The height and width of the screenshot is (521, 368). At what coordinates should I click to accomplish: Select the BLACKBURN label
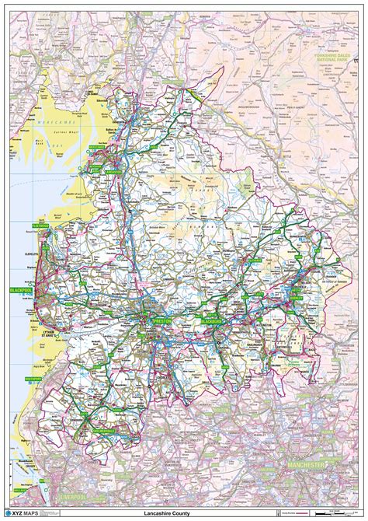(210, 320)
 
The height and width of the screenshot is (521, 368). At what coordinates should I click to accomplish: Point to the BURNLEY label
(295, 293)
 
